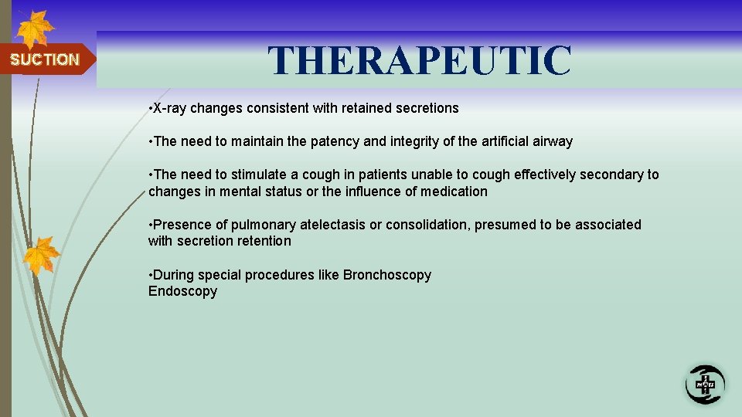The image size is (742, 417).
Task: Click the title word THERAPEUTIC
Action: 420,61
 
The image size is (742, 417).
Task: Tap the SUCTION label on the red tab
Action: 44,59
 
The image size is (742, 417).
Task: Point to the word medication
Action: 451,192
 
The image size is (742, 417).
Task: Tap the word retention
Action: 265,241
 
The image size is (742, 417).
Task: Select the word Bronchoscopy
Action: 387,275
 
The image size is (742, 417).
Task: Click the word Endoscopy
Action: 182,291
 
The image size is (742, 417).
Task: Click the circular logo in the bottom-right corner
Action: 704,384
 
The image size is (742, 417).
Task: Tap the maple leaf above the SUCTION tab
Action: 36,29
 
